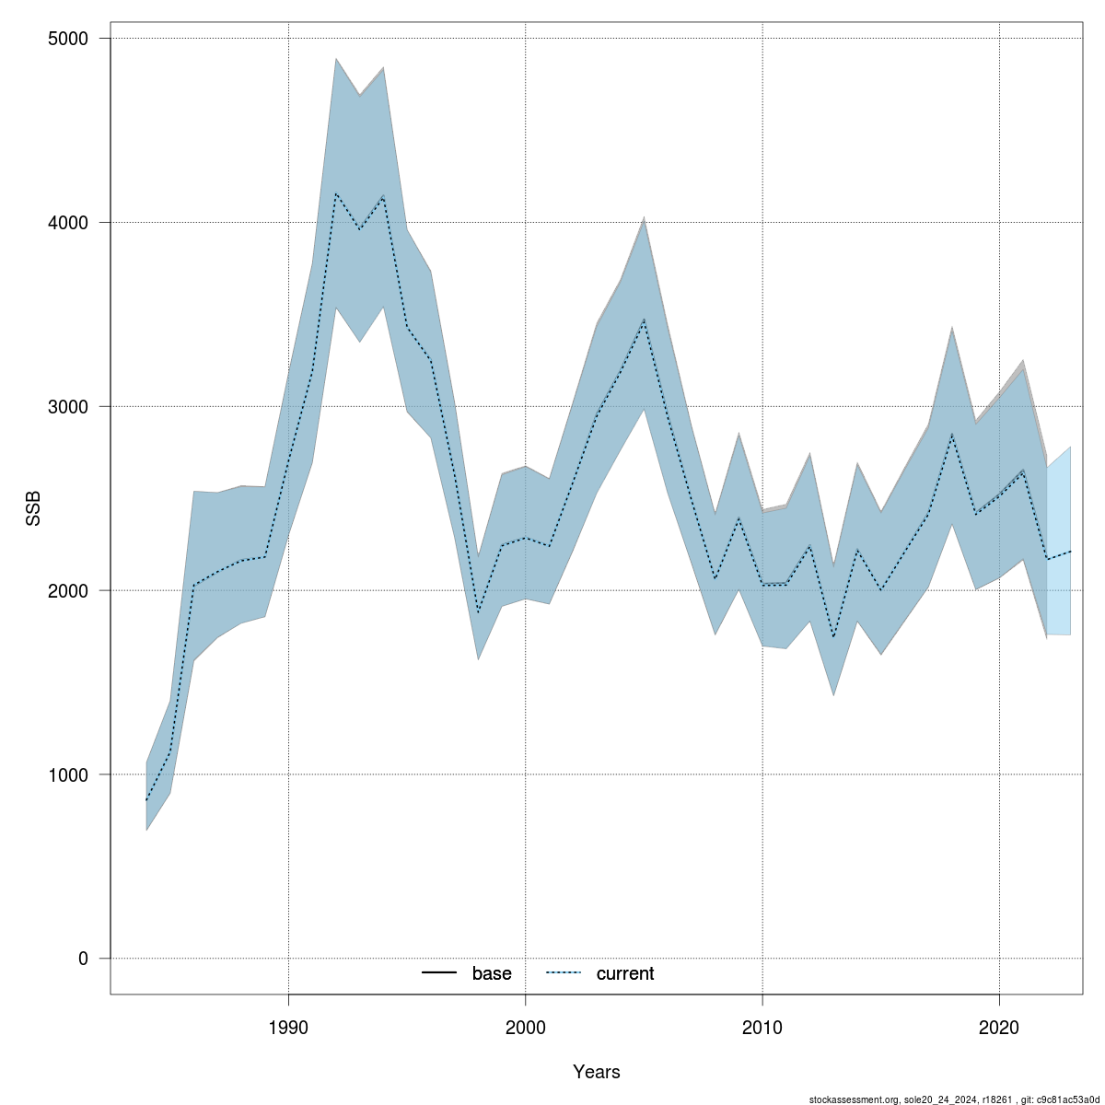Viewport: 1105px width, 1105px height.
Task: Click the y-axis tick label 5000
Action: tap(68, 39)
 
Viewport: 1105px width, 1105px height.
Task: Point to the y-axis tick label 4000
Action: tap(68, 223)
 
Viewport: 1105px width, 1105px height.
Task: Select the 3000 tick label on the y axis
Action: tap(68, 407)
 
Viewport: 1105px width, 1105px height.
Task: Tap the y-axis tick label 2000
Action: tap(68, 590)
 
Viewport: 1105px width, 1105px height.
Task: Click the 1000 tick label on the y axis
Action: tap(68, 774)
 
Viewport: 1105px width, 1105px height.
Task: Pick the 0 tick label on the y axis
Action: tap(83, 959)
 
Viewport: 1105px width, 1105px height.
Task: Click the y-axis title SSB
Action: tap(34, 506)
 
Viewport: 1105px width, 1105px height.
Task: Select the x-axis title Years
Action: tap(596, 1072)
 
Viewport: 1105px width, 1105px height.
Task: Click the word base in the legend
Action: tap(492, 973)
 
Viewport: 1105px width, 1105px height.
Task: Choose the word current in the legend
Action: tap(625, 973)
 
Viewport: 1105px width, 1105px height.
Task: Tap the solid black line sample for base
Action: tap(440, 973)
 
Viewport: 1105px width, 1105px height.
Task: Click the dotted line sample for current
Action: tap(564, 973)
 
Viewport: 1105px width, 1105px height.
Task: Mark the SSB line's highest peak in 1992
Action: tap(336, 193)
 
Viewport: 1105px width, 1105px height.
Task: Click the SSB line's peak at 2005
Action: tap(644, 320)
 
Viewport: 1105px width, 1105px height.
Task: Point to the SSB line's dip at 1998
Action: tap(478, 612)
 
